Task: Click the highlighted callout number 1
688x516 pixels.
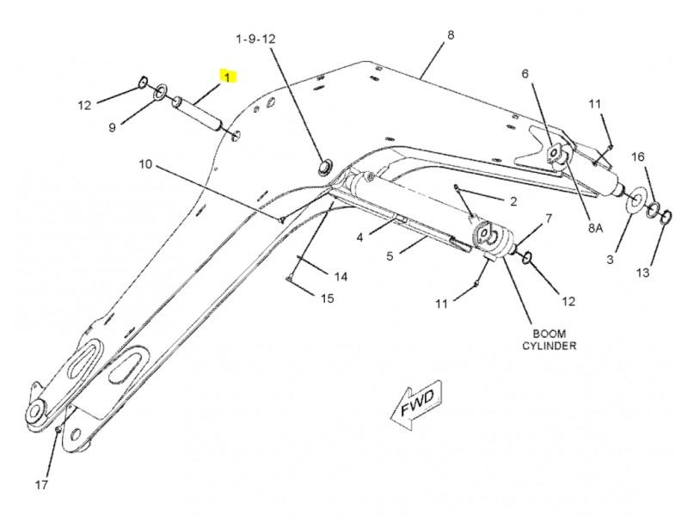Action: coord(228,77)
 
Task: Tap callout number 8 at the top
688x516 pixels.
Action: coord(450,35)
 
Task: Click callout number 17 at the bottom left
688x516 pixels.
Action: coord(42,484)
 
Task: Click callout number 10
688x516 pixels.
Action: coord(144,163)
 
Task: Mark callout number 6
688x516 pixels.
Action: coord(525,74)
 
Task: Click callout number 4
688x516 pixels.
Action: coord(362,235)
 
